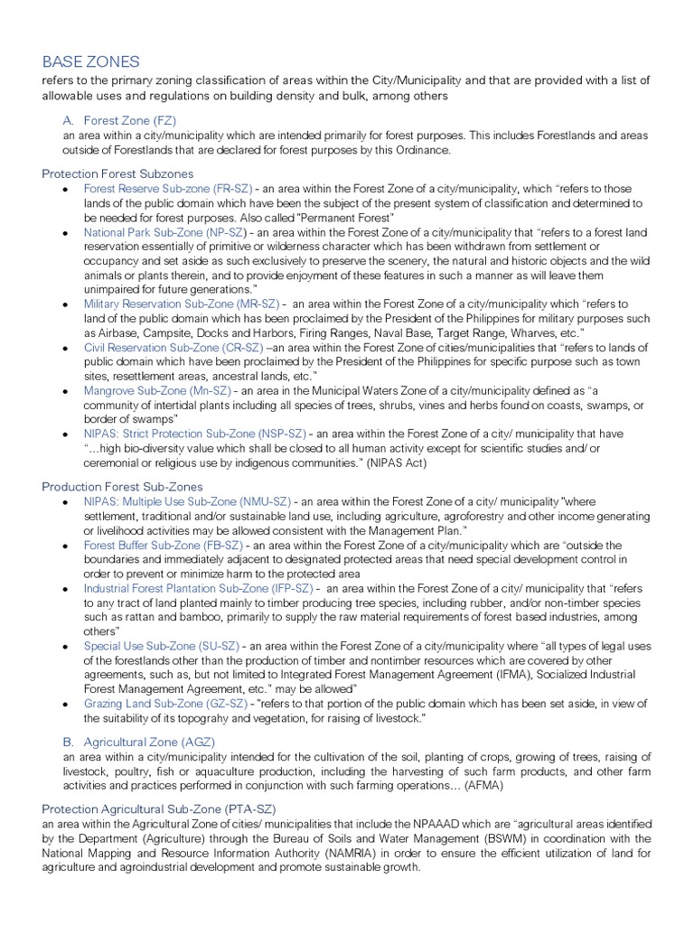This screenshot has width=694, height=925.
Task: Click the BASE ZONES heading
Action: pos(90,61)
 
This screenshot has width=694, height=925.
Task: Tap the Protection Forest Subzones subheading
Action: pos(117,173)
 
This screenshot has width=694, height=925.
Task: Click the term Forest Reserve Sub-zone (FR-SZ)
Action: pos(168,189)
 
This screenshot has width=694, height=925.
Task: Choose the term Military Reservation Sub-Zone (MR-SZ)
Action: pos(182,304)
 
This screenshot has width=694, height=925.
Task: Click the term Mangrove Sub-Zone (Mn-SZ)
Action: pos(157,390)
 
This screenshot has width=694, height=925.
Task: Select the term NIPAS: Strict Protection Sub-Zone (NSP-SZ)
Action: pos(195,434)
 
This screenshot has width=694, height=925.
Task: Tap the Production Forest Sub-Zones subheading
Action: pos(122,486)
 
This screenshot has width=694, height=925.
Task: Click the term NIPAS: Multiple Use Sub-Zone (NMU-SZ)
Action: pos(187,502)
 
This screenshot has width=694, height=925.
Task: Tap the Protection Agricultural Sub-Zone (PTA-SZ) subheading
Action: pos(159,808)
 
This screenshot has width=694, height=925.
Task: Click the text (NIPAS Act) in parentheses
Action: pos(395,462)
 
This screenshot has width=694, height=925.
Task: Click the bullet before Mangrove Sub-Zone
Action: pos(65,391)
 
